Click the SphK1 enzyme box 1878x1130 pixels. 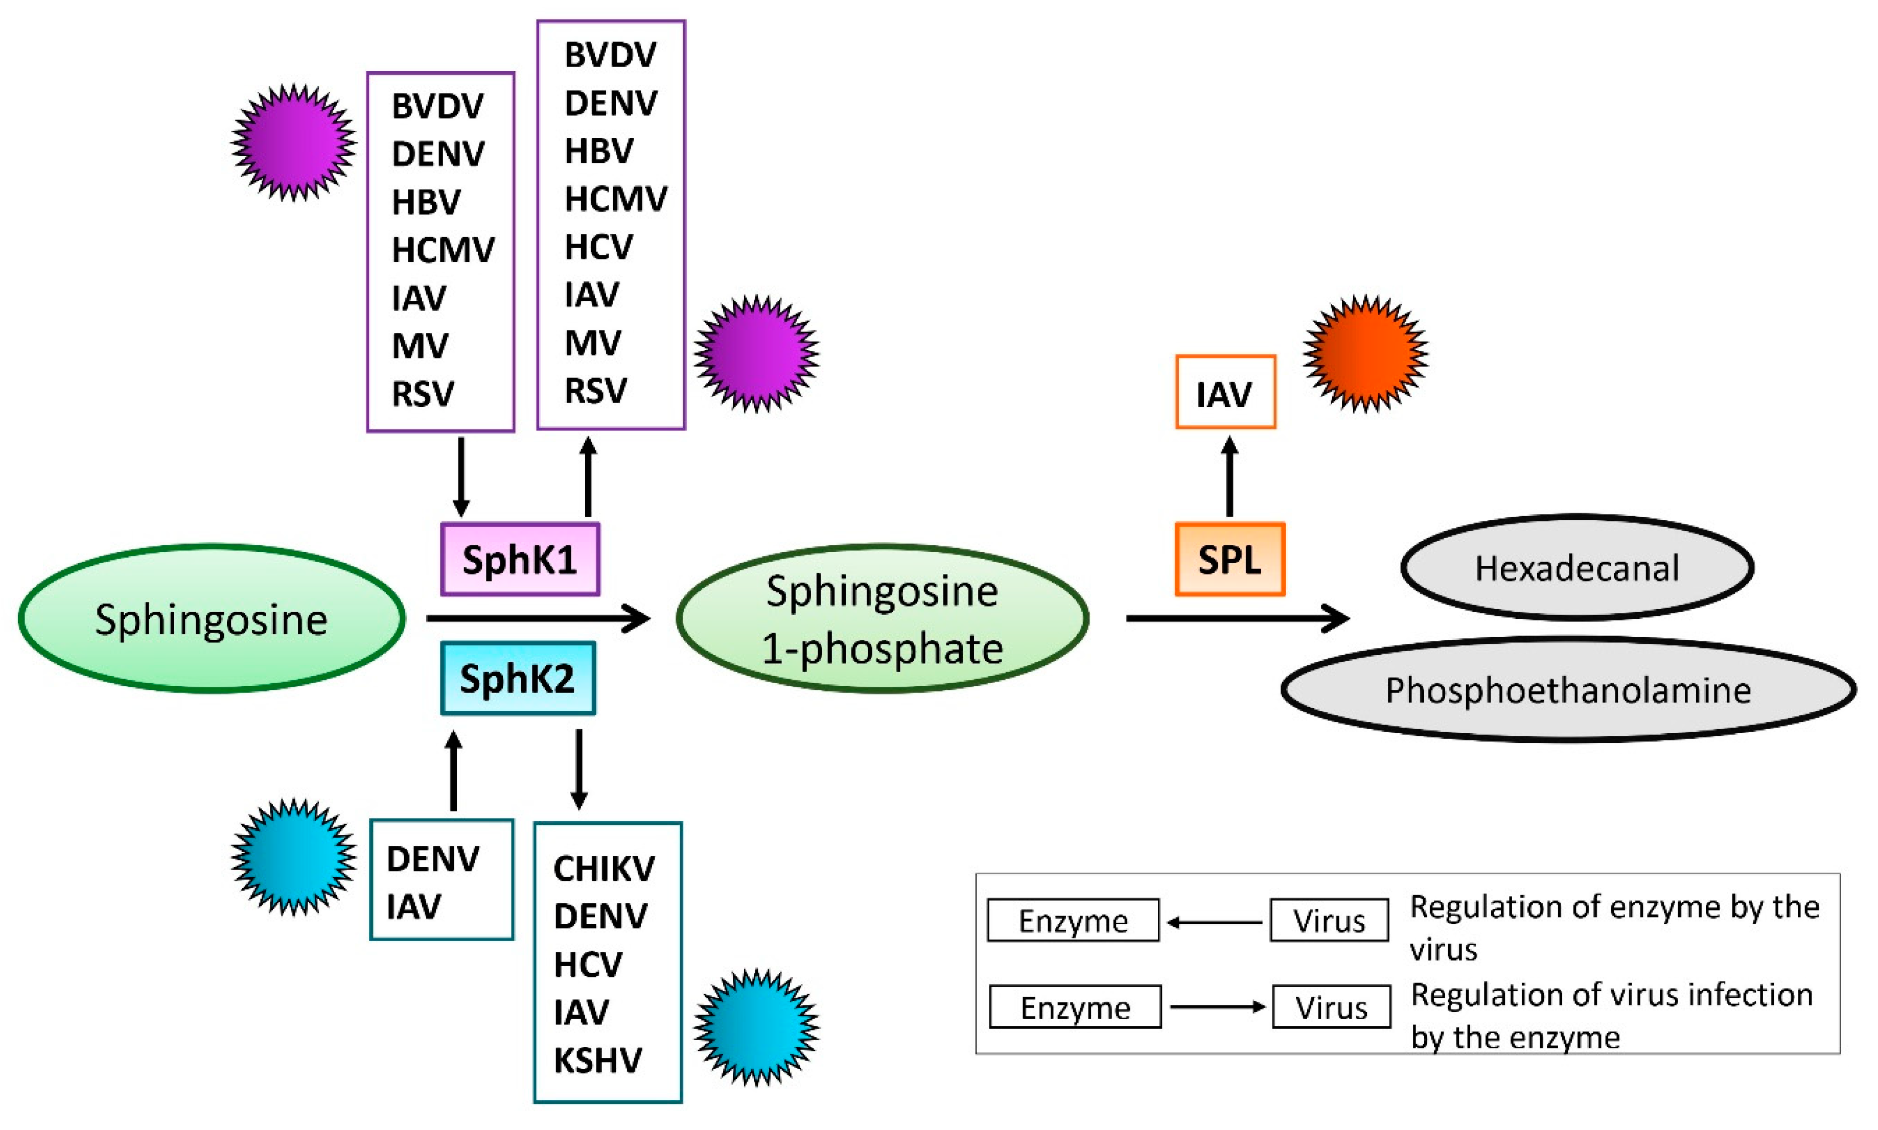[520, 560]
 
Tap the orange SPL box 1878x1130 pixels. [1229, 560]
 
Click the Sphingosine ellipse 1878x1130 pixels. [211, 618]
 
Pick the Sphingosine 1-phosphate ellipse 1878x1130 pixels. [882, 618]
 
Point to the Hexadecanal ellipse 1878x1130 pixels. [1576, 568]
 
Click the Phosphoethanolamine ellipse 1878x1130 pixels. [1568, 690]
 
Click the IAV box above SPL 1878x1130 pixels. [1224, 393]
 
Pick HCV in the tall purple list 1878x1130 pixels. [598, 247]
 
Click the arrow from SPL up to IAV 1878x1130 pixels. [1229, 477]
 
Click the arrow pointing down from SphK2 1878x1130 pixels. [579, 769]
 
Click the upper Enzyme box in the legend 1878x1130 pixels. [1073, 921]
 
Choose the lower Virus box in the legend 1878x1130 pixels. [1331, 1007]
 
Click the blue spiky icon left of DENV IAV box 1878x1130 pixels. [293, 857]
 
